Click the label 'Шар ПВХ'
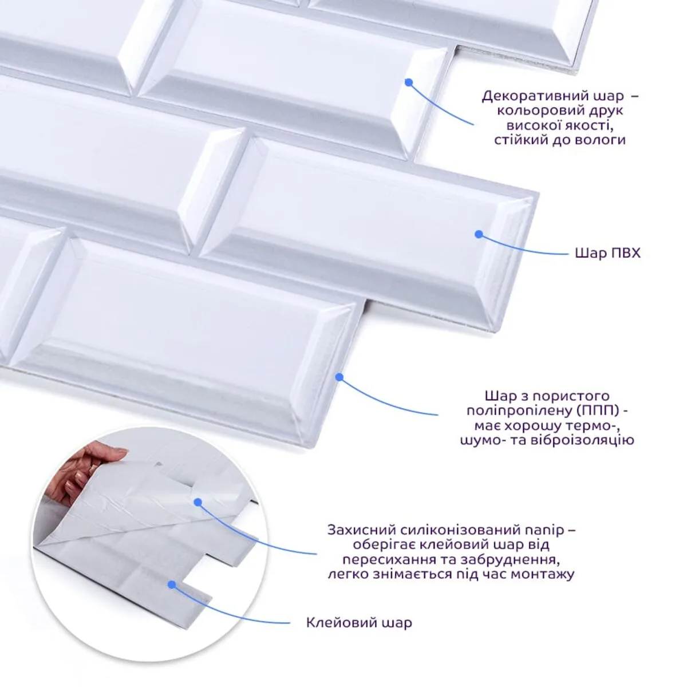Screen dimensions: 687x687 pyautogui.click(x=607, y=253)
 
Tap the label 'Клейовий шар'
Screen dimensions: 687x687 pyautogui.click(x=359, y=623)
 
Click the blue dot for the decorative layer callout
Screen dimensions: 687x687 pyautogui.click(x=409, y=82)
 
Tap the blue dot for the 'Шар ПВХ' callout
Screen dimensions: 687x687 pyautogui.click(x=479, y=234)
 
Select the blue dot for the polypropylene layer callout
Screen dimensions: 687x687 pyautogui.click(x=339, y=377)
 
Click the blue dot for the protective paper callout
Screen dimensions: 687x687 pyautogui.click(x=198, y=502)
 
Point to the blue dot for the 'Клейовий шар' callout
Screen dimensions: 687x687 pyautogui.click(x=172, y=585)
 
